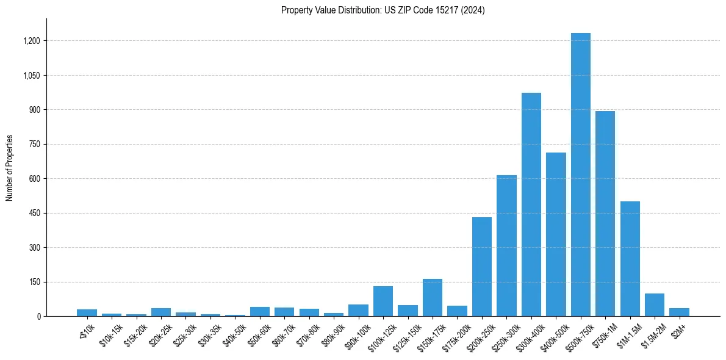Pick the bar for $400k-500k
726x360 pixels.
[x=556, y=234]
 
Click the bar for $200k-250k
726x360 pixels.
[x=481, y=267]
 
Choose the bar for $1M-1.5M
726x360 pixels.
[x=630, y=259]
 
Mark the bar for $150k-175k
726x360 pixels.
[x=432, y=298]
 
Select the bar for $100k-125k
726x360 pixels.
[x=383, y=301]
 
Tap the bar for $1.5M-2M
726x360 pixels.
[x=654, y=305]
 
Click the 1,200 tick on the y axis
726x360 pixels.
[x=32, y=41]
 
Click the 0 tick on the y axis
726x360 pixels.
[x=38, y=317]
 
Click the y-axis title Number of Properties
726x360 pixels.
[x=10, y=168]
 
